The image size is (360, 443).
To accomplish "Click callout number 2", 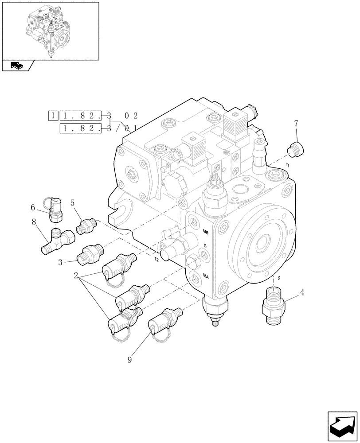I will pyautogui.click(x=76, y=275).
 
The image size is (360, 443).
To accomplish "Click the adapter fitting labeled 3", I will pyautogui.click(x=90, y=255).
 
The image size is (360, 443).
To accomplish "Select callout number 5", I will pyautogui.click(x=73, y=204).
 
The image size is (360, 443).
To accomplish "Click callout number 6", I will pyautogui.click(x=33, y=207).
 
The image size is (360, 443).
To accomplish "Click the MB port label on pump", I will pyautogui.click(x=206, y=232).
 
